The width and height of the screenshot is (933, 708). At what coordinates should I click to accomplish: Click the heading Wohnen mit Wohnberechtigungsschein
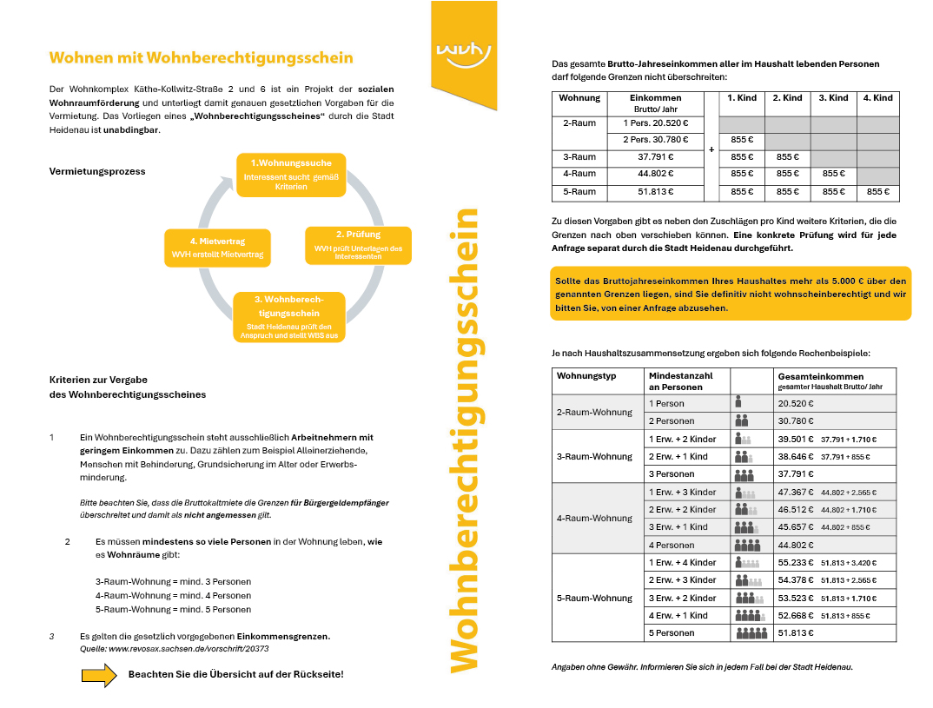[201, 58]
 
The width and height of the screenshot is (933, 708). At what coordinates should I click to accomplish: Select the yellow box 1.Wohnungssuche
[292, 174]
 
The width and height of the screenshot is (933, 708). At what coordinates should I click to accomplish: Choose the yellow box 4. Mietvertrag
[217, 248]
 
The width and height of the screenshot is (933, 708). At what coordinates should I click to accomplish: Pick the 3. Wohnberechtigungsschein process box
[289, 316]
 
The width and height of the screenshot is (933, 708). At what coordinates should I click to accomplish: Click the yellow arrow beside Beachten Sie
[99, 675]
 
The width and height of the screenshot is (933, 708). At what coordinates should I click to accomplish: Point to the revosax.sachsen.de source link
[175, 648]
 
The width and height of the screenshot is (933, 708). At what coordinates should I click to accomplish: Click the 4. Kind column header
[877, 98]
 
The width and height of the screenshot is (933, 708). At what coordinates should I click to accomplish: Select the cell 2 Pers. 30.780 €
[655, 140]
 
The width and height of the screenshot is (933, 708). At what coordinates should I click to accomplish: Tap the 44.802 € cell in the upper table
[655, 174]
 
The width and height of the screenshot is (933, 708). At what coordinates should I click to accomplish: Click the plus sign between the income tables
[711, 149]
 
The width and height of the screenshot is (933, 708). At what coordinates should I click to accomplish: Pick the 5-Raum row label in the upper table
[579, 192]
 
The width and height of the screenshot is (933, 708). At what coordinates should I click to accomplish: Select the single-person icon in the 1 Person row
[738, 403]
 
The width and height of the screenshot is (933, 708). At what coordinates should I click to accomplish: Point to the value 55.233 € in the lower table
[795, 563]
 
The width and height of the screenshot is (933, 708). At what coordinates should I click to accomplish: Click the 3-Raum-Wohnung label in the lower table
[594, 457]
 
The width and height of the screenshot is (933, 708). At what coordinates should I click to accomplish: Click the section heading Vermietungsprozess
[98, 171]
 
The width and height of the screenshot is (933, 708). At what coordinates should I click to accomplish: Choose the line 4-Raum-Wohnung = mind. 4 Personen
[173, 595]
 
